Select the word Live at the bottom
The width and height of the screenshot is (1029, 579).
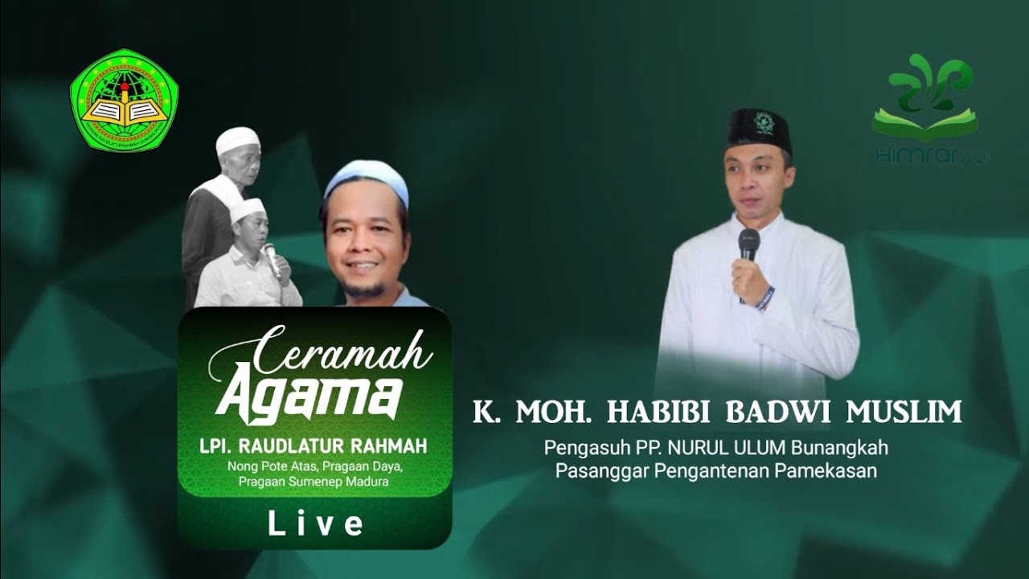315,524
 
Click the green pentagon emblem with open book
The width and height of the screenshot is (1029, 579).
124,100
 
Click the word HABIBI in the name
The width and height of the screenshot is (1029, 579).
660,412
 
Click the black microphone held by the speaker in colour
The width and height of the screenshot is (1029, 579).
748,244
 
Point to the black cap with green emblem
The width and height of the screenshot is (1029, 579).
759,129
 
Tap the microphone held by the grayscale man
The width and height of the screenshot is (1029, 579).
273,259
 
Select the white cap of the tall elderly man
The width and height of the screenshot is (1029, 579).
238,141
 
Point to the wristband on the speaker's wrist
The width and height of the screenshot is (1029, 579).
765,298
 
